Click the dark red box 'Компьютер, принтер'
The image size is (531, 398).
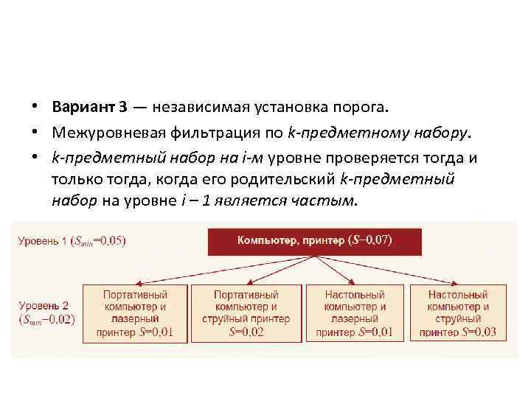click(x=315, y=241)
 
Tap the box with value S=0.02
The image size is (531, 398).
click(x=246, y=313)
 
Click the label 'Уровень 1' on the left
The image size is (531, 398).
click(x=43, y=241)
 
